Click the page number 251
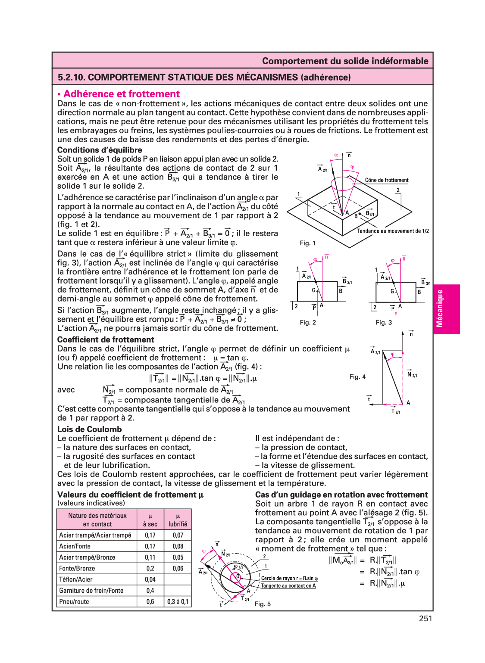pos(425,618)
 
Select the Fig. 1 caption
pos(308,243)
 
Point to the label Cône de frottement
pos(386,180)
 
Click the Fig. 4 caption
pos(357,377)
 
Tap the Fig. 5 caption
pos(263,604)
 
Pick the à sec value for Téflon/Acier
pos(150,579)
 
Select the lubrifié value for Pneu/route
pos(178,601)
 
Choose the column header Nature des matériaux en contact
pos(97,520)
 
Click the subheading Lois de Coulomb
pos(90,429)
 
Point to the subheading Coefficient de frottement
pos(106,339)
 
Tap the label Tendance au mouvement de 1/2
pos(393,231)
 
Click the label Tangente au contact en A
pos(288,585)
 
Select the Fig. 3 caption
pos(384,322)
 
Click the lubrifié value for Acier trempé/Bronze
pos(178,557)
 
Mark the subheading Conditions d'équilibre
pos(100,150)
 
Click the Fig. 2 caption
pos(308,322)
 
